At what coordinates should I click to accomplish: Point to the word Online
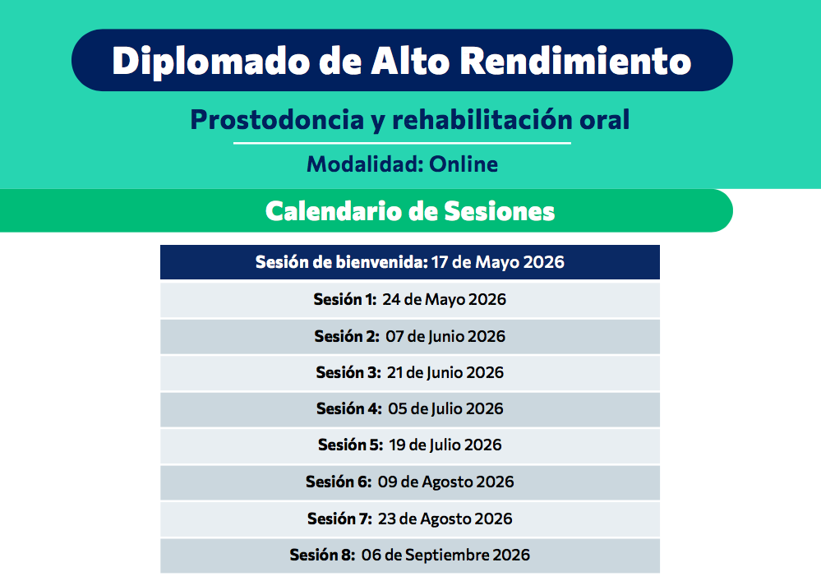pos(464,164)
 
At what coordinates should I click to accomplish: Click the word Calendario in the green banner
pos(330,211)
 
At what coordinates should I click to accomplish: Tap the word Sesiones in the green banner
pos(499,211)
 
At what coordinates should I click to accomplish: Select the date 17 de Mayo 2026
pos(498,263)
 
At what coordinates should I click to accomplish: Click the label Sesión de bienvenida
pos(341,263)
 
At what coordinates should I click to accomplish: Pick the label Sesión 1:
pos(344,299)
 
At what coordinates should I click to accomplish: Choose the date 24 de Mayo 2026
pos(444,299)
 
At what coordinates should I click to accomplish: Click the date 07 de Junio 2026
pos(445,336)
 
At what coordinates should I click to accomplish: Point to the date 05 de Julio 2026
pos(445,408)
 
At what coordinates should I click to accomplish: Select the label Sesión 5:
pos(350,445)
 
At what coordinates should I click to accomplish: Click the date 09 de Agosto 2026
pos(446,482)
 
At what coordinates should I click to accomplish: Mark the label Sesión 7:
pos(339,519)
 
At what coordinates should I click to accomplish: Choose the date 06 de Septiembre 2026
pos(445,555)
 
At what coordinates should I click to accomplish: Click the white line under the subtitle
pos(402,144)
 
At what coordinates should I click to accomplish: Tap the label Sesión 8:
pos(322,555)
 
